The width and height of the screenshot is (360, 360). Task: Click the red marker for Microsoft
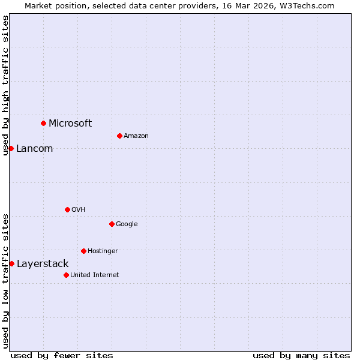[43, 123]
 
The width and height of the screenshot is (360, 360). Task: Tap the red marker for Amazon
[119, 136]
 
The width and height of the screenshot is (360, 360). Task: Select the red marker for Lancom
[11, 148]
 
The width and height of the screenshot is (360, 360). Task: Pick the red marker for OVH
[67, 209]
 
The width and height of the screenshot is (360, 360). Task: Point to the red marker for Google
[112, 224]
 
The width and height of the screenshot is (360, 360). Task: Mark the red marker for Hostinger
[83, 251]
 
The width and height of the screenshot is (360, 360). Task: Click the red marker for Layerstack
[11, 263]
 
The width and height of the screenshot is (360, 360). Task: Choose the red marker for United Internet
[66, 275]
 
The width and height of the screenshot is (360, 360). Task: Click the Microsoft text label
[70, 124]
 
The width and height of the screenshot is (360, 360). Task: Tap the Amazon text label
[136, 136]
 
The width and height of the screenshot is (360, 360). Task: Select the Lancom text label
[35, 149]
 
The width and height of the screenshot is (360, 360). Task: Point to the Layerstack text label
[43, 264]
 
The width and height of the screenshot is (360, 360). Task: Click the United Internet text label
[95, 275]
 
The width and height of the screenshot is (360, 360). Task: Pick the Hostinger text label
[103, 251]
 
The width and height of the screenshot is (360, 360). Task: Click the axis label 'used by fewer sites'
[62, 355]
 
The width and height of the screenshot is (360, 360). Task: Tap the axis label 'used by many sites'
[301, 355]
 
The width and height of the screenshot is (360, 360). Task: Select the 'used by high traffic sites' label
[5, 85]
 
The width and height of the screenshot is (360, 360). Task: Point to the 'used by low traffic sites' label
[5, 280]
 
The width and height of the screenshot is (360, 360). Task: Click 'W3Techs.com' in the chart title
[310, 5]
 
